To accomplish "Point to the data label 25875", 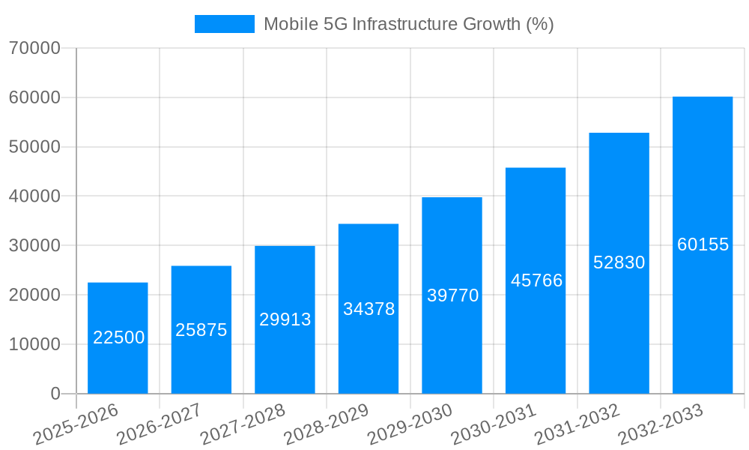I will pyautogui.click(x=201, y=330).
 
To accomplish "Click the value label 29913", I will pyautogui.click(x=285, y=319).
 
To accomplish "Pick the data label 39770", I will pyautogui.click(x=452, y=295).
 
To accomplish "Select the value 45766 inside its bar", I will pyautogui.click(x=536, y=280).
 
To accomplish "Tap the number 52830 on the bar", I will pyautogui.click(x=619, y=262).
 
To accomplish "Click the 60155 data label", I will pyautogui.click(x=703, y=244).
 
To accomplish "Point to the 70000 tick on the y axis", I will pyautogui.click(x=34, y=49).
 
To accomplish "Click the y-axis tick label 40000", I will pyautogui.click(x=34, y=196).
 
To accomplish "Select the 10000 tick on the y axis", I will pyautogui.click(x=34, y=345).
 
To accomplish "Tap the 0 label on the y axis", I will pyautogui.click(x=55, y=394).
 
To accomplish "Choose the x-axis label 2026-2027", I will pyautogui.click(x=159, y=424).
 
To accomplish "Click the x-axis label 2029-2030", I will pyautogui.click(x=410, y=424).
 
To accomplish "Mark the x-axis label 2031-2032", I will pyautogui.click(x=577, y=424).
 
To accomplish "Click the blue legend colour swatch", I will pyautogui.click(x=224, y=24).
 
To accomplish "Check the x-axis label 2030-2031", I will pyautogui.click(x=493, y=424).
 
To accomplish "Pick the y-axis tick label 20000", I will pyautogui.click(x=34, y=295).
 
